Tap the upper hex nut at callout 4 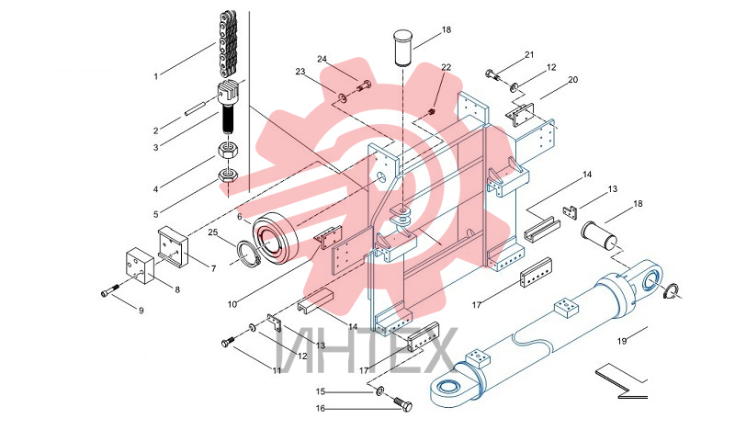click(229, 152)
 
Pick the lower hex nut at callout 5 click(229, 175)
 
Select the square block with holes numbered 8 click(140, 266)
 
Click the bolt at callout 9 click(111, 289)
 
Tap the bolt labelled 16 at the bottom click(402, 404)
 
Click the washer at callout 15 click(379, 390)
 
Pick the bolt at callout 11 click(231, 340)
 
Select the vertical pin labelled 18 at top click(401, 48)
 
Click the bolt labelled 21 click(495, 75)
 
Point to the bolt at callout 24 click(363, 86)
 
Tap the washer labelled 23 click(343, 97)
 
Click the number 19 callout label click(622, 341)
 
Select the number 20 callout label click(572, 80)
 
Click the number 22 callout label click(446, 67)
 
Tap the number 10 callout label click(232, 304)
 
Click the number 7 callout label click(214, 268)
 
